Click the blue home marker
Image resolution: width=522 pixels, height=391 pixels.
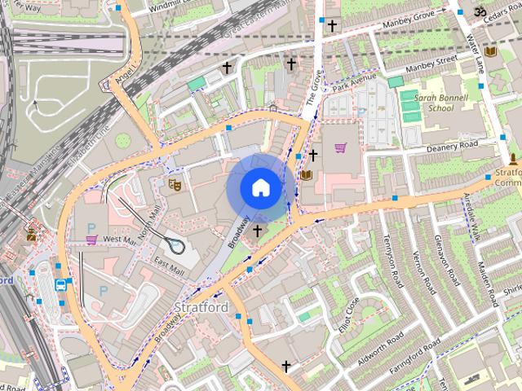click(x=259, y=187)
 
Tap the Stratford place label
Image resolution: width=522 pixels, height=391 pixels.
click(x=201, y=308)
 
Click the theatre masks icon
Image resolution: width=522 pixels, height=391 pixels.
click(x=174, y=184)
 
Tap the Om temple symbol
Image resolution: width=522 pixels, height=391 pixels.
click(x=480, y=11)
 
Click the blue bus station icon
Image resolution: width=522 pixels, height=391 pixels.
click(x=61, y=285)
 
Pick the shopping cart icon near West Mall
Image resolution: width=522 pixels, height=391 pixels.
click(x=91, y=239)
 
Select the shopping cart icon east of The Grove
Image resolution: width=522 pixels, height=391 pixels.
click(x=340, y=148)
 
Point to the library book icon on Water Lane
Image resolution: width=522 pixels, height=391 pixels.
click(x=490, y=52)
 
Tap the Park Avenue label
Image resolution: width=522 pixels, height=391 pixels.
click(x=355, y=81)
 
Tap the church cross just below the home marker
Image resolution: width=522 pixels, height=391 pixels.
click(x=258, y=231)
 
